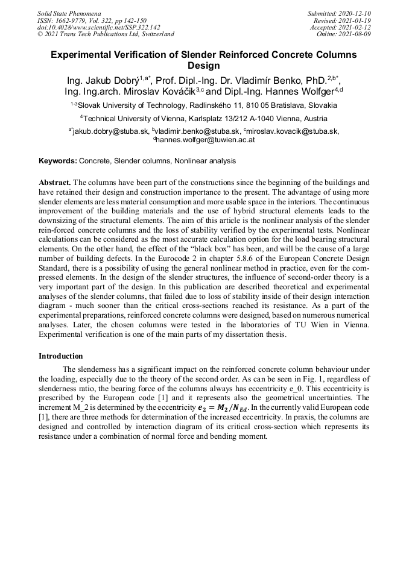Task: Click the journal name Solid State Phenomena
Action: (69, 13)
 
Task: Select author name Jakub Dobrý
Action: (109, 80)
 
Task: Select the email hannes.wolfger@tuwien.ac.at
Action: (206, 139)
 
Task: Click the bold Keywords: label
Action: (58, 161)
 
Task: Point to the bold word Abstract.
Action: (55, 181)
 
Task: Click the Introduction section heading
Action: (60, 356)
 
